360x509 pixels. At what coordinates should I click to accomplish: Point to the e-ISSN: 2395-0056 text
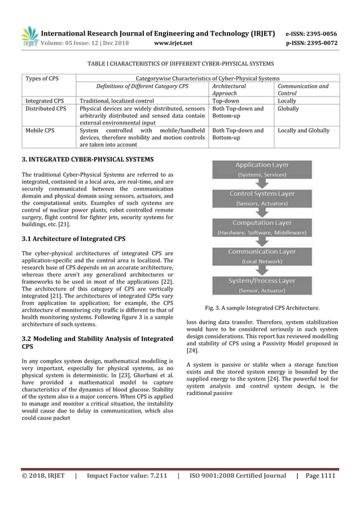(310, 33)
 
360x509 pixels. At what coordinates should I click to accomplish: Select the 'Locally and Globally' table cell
(304, 130)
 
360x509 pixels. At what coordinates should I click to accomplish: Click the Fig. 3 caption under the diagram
(262, 308)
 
